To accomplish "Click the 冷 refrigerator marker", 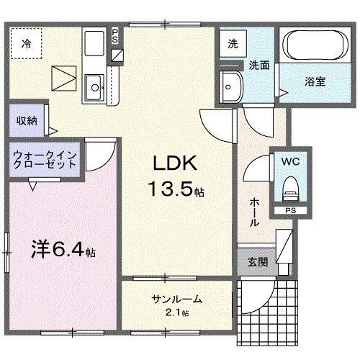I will [x=26, y=43].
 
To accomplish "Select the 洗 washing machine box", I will [x=232, y=43].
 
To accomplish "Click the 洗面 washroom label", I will [x=259, y=65].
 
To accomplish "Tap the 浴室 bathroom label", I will [x=315, y=81].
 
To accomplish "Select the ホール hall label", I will [x=254, y=214].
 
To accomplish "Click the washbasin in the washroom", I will [x=233, y=86].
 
